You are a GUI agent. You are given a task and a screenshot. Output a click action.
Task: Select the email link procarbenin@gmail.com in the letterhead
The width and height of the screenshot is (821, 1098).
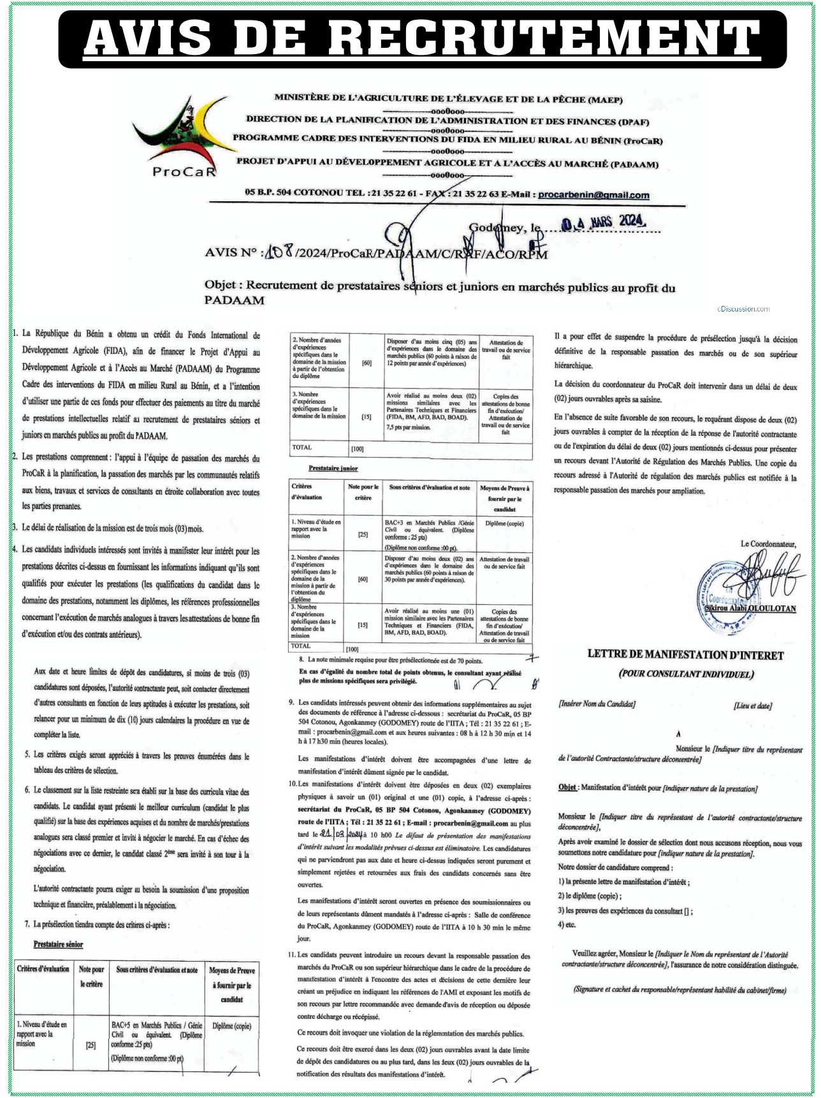point(593,195)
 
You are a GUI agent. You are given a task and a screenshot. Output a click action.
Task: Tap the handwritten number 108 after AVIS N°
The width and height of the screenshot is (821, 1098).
point(279,252)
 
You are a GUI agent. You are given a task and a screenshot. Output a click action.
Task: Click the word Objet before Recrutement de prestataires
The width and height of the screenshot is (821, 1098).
point(222,285)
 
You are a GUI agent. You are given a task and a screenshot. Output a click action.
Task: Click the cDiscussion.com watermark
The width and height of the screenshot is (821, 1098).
point(743,309)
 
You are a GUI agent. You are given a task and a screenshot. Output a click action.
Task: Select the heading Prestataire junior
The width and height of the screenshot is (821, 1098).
point(333,468)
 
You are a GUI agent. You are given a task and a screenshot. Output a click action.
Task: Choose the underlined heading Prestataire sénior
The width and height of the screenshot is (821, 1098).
point(58,944)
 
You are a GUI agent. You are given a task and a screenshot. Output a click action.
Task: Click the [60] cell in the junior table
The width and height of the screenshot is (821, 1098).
point(363,579)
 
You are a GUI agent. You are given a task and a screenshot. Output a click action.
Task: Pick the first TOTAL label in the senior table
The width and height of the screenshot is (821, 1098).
point(302,447)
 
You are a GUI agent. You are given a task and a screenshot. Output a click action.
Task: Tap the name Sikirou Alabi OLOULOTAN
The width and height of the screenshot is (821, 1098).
point(750,608)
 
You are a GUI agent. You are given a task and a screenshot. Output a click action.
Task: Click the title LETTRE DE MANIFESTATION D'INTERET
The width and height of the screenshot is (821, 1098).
point(685,654)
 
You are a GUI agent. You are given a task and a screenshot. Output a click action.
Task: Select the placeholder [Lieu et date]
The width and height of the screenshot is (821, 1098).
point(752,705)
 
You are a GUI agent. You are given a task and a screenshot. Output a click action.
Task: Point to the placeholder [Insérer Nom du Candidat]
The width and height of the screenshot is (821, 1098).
point(597,704)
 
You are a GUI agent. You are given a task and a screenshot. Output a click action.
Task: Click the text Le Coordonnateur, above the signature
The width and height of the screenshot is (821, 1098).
point(768,544)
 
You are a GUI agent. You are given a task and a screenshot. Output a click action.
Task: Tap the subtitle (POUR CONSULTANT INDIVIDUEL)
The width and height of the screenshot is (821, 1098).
point(686,674)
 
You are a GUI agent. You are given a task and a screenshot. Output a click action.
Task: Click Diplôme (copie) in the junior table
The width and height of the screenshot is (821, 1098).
point(504,523)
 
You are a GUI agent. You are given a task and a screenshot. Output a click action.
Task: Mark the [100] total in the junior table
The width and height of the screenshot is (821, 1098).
point(352,649)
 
